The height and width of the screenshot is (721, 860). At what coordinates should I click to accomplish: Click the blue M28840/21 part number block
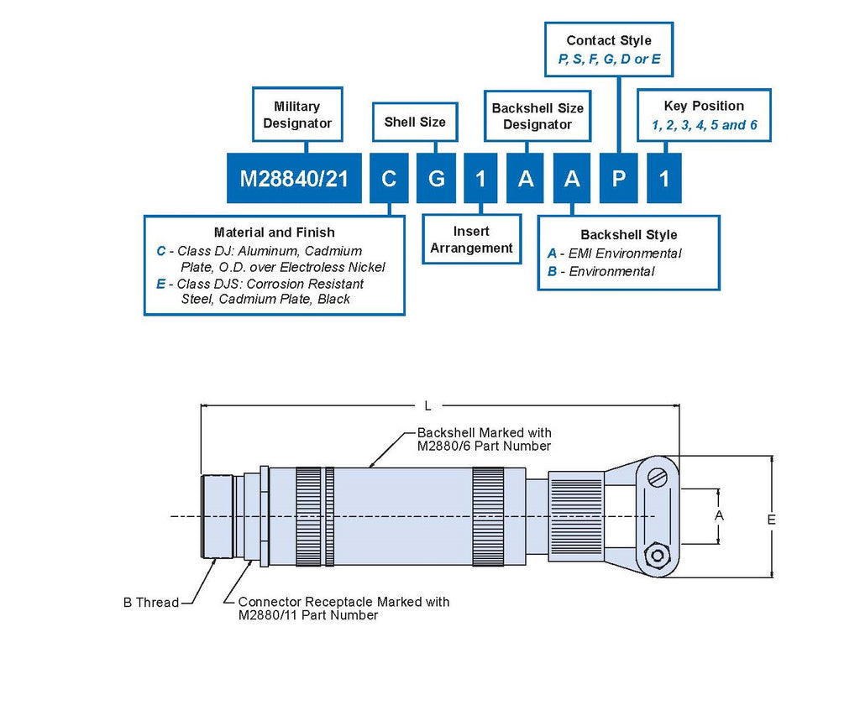click(294, 178)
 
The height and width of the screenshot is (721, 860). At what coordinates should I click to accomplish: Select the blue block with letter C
click(389, 178)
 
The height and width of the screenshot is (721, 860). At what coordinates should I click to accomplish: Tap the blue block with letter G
click(437, 178)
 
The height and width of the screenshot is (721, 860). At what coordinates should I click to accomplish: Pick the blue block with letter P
click(618, 178)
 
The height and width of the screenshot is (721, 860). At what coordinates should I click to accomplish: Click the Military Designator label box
click(297, 115)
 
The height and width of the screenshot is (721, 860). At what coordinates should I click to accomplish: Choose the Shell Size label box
click(415, 122)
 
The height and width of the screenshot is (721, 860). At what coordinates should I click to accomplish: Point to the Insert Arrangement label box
click(471, 239)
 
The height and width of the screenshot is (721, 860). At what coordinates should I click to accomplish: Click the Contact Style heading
click(609, 40)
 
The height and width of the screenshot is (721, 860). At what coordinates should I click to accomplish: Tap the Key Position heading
click(704, 106)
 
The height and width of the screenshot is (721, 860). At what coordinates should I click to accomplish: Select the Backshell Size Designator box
click(537, 116)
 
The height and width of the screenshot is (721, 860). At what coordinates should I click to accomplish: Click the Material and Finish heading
click(274, 232)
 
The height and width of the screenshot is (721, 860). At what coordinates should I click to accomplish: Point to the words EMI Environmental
click(625, 253)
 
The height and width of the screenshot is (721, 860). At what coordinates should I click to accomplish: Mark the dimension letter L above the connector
click(427, 406)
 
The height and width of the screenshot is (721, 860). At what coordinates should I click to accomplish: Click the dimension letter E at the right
click(771, 520)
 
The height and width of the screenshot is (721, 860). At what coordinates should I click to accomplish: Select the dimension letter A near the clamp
click(719, 515)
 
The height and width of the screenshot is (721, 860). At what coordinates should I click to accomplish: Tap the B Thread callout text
click(151, 603)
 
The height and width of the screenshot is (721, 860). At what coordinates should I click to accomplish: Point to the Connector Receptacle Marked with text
click(343, 602)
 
